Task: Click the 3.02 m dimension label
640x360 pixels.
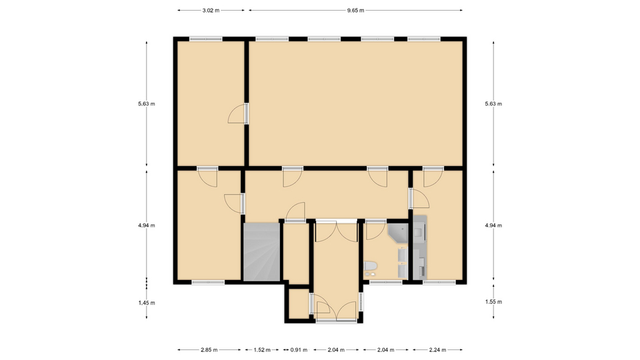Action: [211, 11]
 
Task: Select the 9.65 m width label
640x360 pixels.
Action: [355, 11]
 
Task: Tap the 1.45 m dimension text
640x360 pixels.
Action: [147, 303]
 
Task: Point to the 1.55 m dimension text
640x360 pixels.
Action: [493, 302]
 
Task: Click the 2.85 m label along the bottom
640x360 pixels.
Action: [209, 350]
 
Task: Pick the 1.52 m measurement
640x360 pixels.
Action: [262, 350]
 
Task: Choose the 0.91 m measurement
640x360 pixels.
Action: [299, 350]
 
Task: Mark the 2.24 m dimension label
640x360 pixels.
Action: [437, 350]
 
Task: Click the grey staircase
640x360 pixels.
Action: [261, 252]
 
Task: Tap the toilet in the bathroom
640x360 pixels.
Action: [370, 267]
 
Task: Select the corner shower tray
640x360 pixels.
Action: [398, 233]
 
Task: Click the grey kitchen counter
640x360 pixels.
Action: [420, 247]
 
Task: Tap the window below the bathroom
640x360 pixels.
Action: [386, 282]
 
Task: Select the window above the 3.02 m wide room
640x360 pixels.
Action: [206, 39]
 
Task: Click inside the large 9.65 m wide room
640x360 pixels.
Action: [355, 103]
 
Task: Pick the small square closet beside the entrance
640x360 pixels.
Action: [299, 303]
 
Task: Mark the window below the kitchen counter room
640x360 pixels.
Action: [439, 282]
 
